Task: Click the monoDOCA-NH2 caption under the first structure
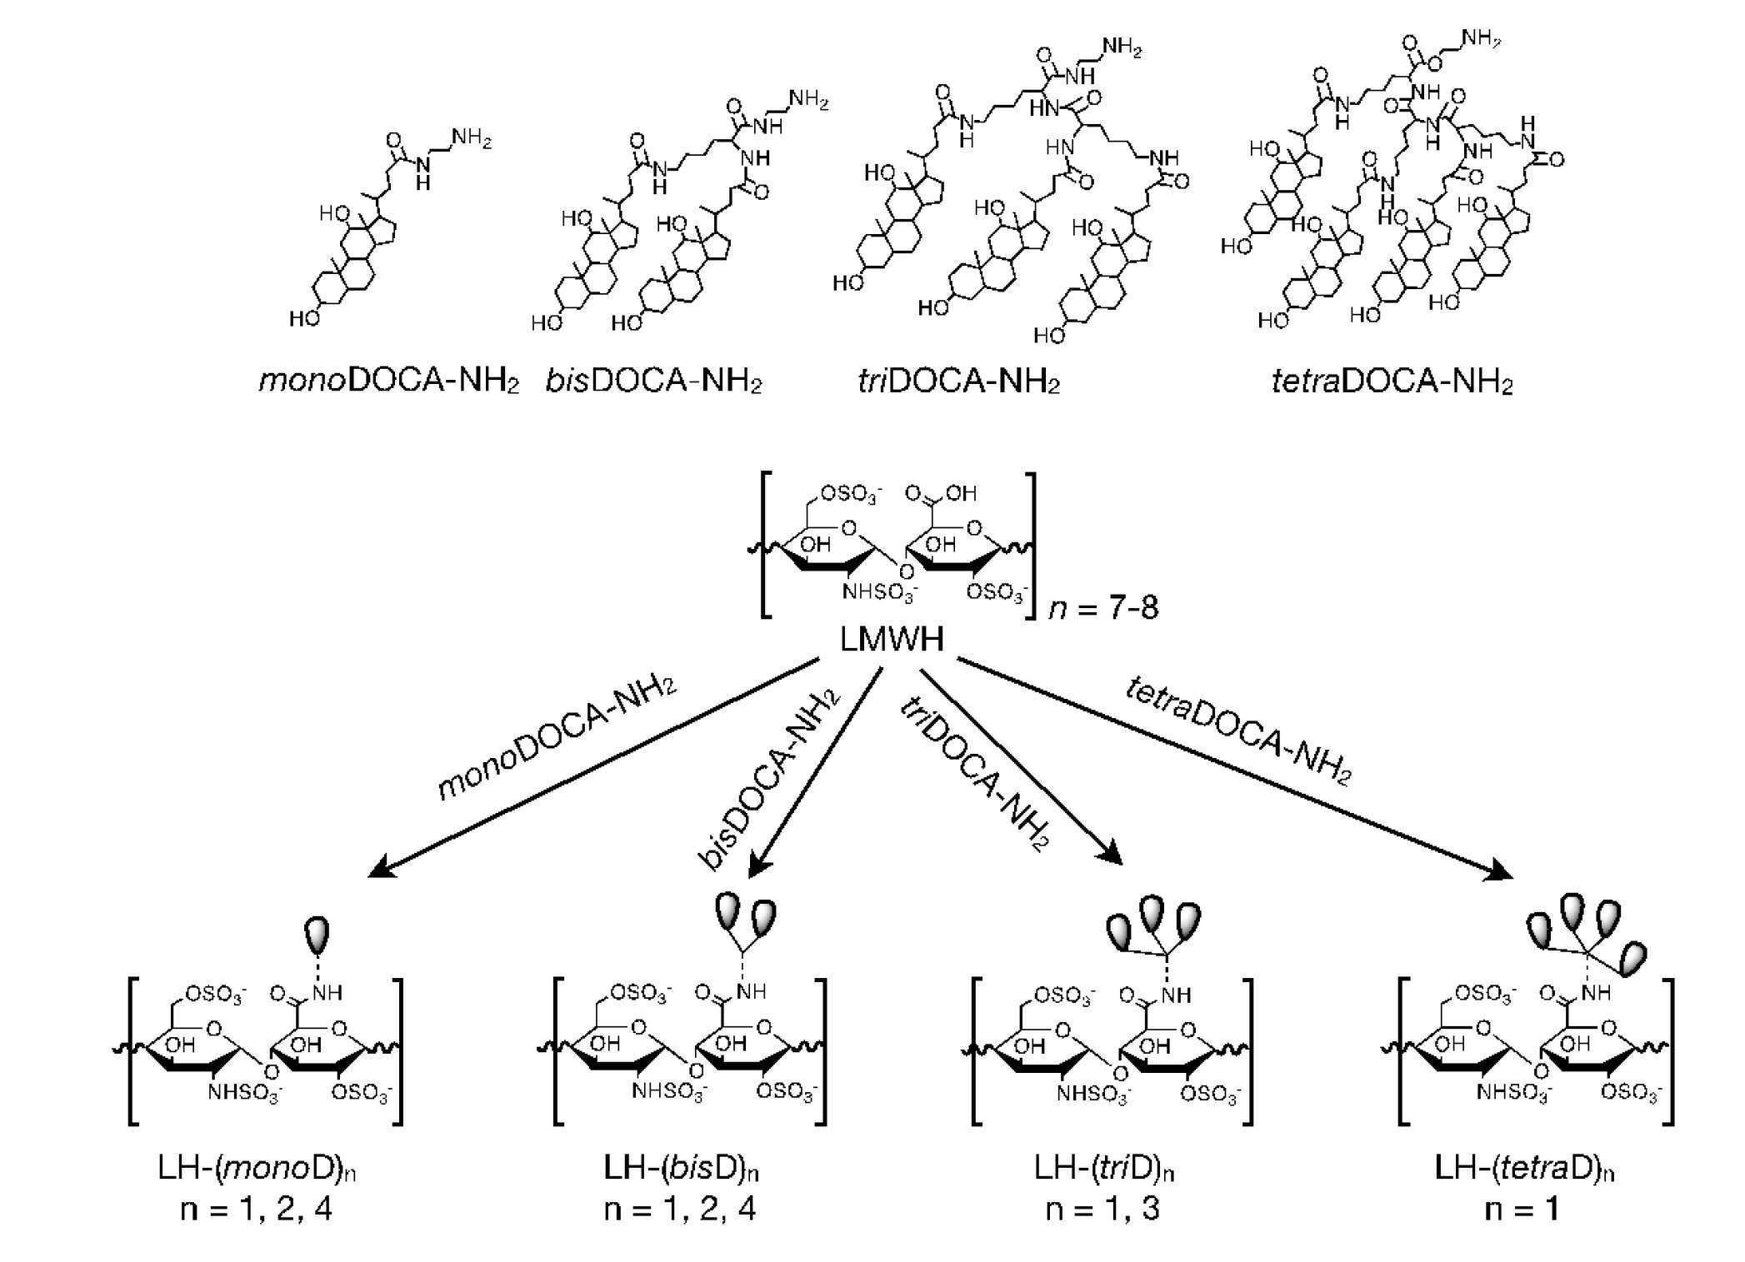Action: tap(389, 381)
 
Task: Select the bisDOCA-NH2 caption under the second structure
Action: tap(654, 381)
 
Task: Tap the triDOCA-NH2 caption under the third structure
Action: tap(959, 381)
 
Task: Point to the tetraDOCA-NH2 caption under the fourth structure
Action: tap(1392, 381)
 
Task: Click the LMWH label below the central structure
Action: tap(892, 640)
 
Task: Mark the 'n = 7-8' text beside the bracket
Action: tap(1103, 608)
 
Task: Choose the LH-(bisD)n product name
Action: tap(682, 1169)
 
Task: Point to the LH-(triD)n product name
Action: tap(1104, 1169)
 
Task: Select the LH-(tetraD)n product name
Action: tap(1524, 1169)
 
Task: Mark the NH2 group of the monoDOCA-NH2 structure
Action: tap(471, 138)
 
